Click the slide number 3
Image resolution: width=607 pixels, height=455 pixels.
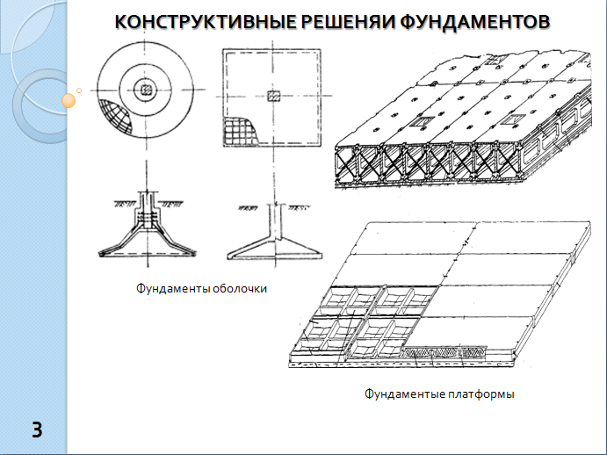37,430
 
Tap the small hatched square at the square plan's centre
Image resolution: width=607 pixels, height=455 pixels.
272,95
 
